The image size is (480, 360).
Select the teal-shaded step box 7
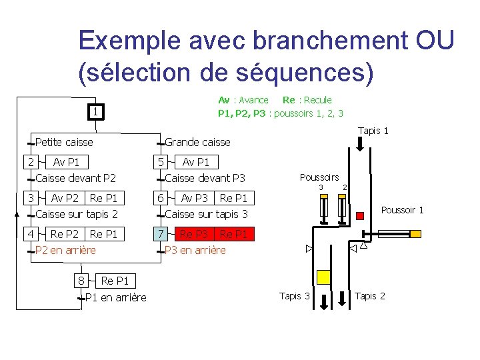pos(160,234)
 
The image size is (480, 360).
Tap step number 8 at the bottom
pos(81,281)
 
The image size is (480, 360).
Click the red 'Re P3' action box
pos(195,234)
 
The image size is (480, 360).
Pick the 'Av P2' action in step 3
pos(65,198)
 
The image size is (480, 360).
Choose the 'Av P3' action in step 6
pos(195,198)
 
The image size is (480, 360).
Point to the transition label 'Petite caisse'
pos(64,142)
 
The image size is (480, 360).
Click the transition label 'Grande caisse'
pos(197,142)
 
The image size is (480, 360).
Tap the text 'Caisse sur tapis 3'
pos(206,214)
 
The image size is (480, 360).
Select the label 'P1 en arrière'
pos(116,297)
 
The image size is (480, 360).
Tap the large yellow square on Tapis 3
pos(324,277)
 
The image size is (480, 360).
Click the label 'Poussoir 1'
pos(402,211)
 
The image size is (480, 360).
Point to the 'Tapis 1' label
pos(373,131)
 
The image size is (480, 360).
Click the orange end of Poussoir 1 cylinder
pos(415,234)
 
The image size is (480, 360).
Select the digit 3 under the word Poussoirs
pos(321,187)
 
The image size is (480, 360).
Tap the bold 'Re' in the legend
pos(289,100)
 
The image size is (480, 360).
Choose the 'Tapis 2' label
pos(370,296)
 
